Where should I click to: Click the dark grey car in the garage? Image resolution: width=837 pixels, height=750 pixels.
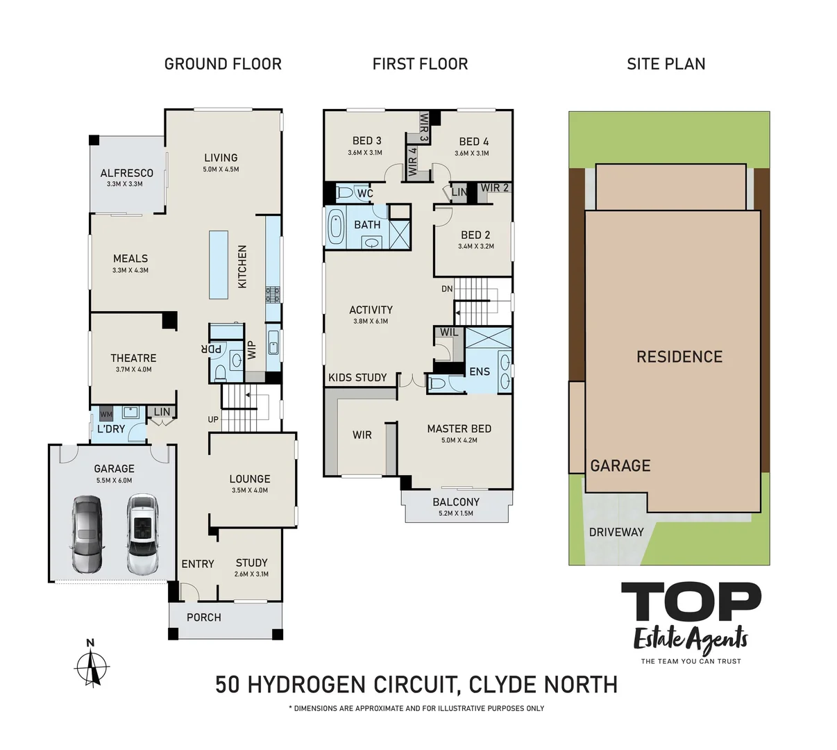pyautogui.click(x=87, y=534)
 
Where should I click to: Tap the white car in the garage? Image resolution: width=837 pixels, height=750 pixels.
pyautogui.click(x=142, y=534)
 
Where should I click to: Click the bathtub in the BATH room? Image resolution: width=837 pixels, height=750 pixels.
pyautogui.click(x=336, y=227)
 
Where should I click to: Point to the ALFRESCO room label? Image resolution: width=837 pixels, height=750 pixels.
pyautogui.click(x=126, y=173)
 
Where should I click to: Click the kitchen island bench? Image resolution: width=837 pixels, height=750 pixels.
pyautogui.click(x=219, y=265)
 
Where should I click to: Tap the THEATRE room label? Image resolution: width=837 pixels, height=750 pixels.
pyautogui.click(x=133, y=358)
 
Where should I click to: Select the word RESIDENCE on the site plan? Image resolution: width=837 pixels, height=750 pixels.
pyautogui.click(x=679, y=357)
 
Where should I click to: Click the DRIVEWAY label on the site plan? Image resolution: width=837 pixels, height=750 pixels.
pyautogui.click(x=616, y=532)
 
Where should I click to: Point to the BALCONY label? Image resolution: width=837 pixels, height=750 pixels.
pyautogui.click(x=456, y=502)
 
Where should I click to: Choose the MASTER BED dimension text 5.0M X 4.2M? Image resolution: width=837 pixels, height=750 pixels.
pyautogui.click(x=459, y=440)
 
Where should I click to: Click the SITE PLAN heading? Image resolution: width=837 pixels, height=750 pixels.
pyautogui.click(x=666, y=64)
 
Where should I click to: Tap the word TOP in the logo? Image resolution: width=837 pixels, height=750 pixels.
pyautogui.click(x=691, y=602)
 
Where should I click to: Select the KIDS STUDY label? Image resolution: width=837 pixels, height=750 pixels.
pyautogui.click(x=357, y=377)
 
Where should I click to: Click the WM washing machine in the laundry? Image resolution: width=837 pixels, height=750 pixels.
pyautogui.click(x=106, y=415)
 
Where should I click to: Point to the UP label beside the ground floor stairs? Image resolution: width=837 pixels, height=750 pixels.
pyautogui.click(x=213, y=419)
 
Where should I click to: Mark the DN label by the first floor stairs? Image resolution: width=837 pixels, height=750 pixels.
pyautogui.click(x=447, y=289)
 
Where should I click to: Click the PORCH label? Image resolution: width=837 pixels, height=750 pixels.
pyautogui.click(x=204, y=617)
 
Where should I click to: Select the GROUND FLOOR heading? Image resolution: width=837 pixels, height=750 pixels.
pyautogui.click(x=223, y=64)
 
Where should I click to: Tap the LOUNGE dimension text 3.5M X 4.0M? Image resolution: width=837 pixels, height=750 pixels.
pyautogui.click(x=250, y=490)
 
